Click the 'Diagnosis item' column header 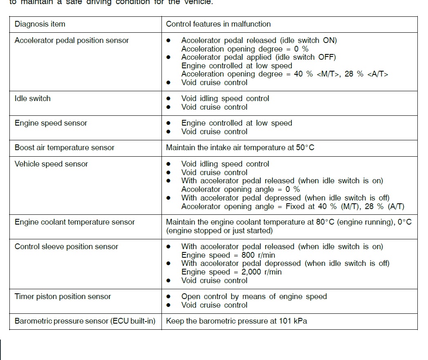click(x=40, y=24)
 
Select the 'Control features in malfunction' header click(x=218, y=24)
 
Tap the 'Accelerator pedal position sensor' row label click(x=72, y=40)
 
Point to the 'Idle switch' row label click(x=33, y=99)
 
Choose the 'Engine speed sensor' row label click(x=51, y=123)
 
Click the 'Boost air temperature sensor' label click(x=64, y=148)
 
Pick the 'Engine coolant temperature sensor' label click(x=74, y=222)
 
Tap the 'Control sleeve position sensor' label click(x=66, y=247)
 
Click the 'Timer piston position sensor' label click(x=63, y=297)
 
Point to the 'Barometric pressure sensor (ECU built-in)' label click(x=85, y=321)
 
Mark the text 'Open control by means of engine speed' click(x=254, y=297)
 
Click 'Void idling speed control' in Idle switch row click(x=225, y=99)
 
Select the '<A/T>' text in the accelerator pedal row click(x=378, y=74)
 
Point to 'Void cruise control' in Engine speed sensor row click(x=214, y=132)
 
